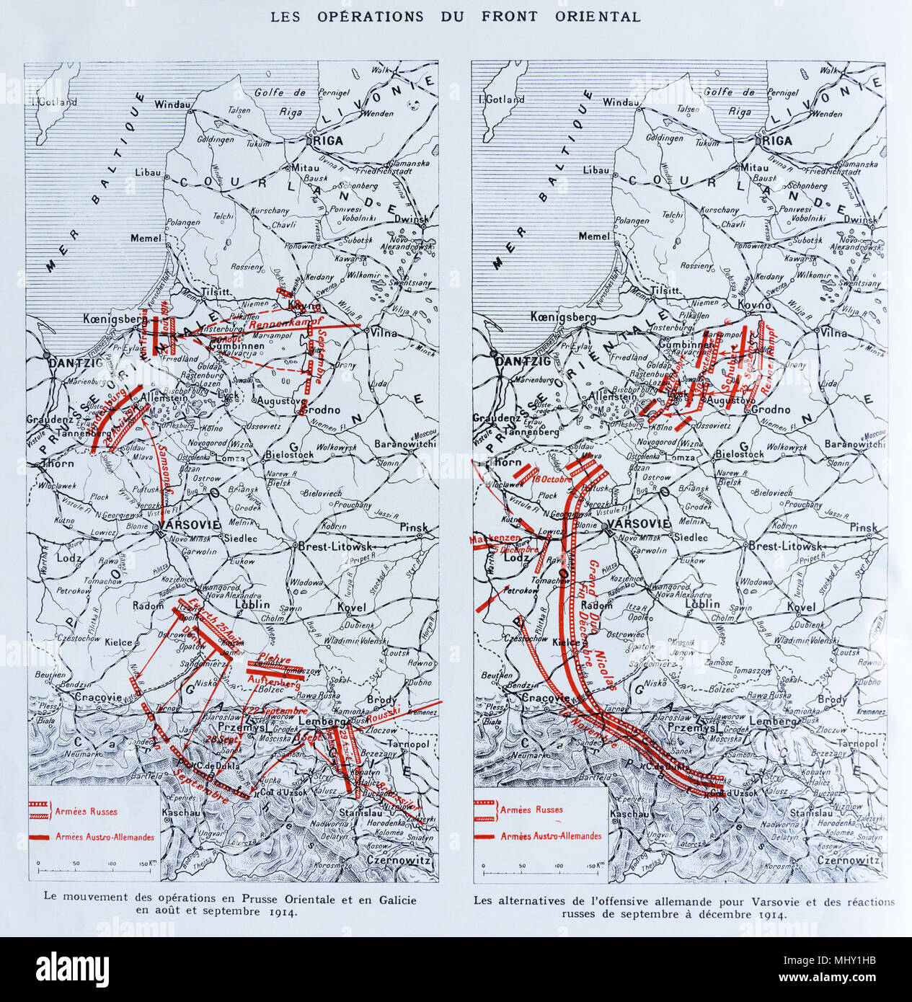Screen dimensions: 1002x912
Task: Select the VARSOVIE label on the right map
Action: [x=638, y=524]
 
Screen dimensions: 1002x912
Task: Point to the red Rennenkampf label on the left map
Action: [x=283, y=324]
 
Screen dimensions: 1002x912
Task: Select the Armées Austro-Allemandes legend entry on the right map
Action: [x=551, y=835]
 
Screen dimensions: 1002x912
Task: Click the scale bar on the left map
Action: [x=94, y=863]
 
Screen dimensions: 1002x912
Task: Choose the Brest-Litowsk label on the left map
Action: [x=333, y=546]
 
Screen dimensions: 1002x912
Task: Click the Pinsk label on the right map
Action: [x=862, y=528]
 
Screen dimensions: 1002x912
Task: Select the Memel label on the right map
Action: [x=594, y=236]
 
